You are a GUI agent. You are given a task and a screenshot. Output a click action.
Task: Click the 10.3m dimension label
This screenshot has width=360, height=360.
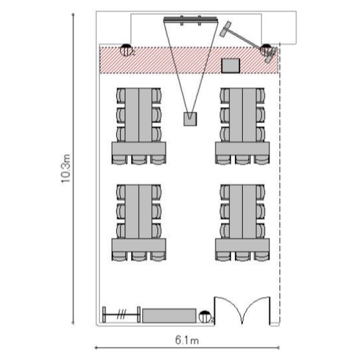(66, 168)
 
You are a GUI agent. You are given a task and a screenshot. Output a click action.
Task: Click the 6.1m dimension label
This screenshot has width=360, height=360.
(187, 340)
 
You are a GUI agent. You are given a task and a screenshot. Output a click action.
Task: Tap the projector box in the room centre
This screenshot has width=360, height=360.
(191, 119)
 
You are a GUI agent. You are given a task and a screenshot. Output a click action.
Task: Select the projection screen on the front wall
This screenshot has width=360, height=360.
(191, 20)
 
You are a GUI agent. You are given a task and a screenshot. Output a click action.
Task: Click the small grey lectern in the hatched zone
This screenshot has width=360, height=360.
(230, 66)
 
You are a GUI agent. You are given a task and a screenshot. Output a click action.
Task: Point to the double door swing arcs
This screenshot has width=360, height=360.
(242, 308)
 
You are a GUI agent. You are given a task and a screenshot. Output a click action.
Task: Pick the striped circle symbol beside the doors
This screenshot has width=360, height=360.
(204, 317)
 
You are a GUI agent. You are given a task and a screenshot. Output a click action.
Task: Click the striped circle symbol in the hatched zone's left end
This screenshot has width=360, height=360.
(126, 50)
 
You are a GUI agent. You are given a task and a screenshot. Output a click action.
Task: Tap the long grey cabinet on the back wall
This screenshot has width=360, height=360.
(169, 316)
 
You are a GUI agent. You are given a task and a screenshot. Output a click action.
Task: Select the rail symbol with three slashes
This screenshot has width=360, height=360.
(121, 314)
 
